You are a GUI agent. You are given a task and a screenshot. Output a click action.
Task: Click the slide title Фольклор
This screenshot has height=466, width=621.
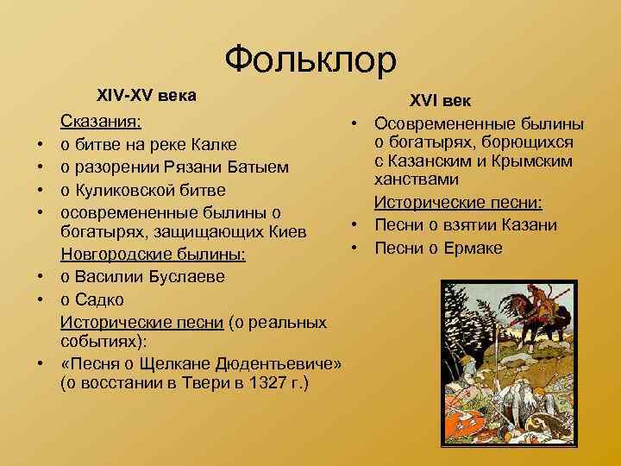coord(310,60)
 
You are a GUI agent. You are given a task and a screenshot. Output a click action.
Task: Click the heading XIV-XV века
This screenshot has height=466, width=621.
coord(146,95)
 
